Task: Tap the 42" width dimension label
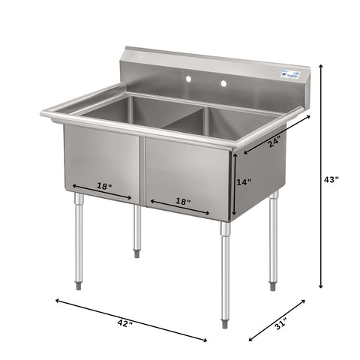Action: point(125,323)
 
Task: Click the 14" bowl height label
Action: point(244,181)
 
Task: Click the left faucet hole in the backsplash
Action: point(187,78)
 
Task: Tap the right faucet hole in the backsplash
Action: point(222,82)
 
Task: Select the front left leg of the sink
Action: point(78,236)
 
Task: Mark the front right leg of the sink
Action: point(225,270)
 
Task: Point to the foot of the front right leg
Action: point(225,323)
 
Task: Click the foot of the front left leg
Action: point(78,285)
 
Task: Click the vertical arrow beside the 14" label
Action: point(233,184)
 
